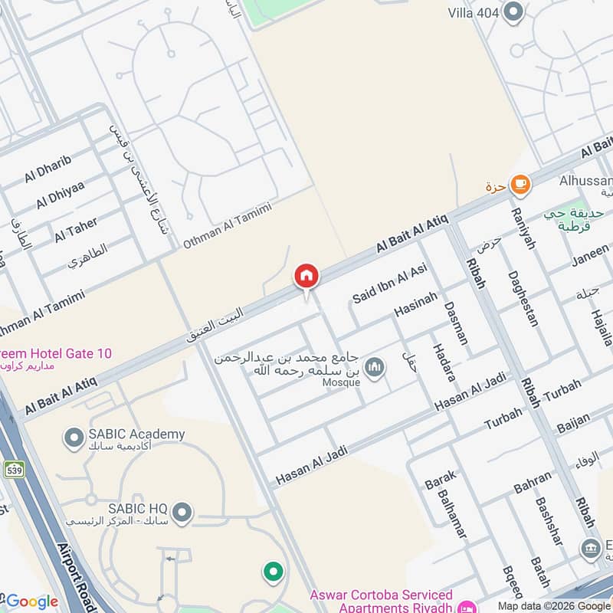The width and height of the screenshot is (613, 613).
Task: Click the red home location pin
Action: pos(306,277)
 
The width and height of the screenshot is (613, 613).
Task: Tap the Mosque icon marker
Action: pos(374,368)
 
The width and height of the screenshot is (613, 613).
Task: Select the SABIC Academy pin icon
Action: pos(74,438)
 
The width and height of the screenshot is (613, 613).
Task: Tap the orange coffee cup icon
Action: pos(520,184)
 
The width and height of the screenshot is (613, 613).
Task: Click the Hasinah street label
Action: pos(415,305)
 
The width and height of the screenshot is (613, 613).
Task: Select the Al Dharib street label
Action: pos(48,169)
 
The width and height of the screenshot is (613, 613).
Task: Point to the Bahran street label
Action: pos(532,482)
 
